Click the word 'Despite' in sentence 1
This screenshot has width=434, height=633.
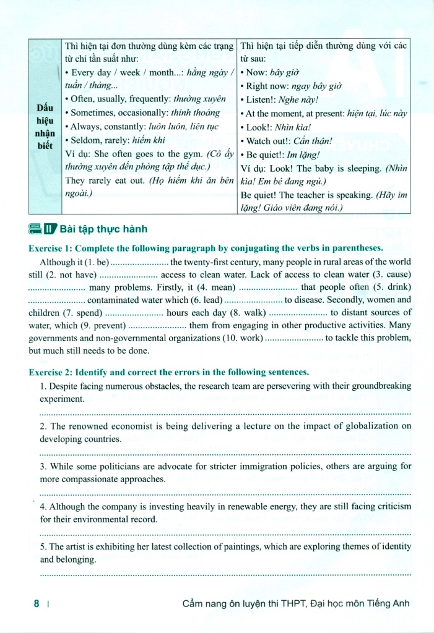click(x=65, y=386)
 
